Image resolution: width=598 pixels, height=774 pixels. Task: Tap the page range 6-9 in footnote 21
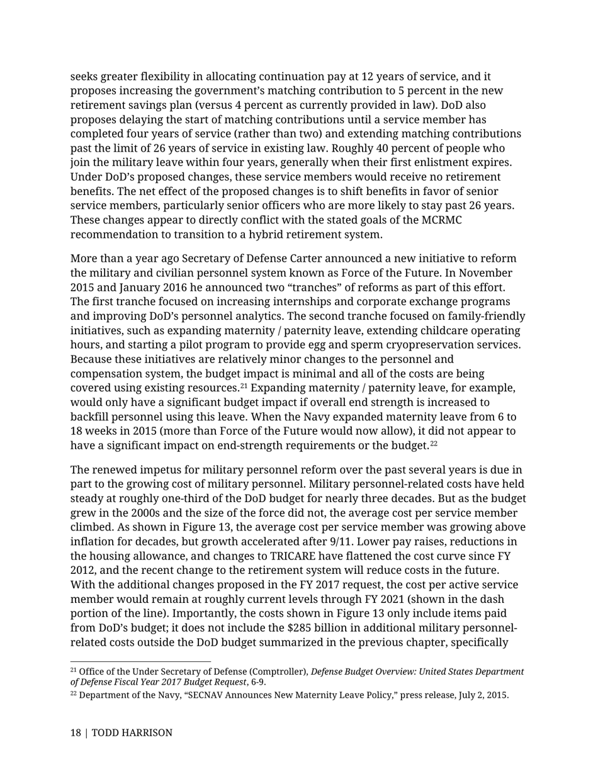tap(265, 681)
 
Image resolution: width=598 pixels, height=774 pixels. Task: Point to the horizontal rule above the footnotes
tap(140, 661)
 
